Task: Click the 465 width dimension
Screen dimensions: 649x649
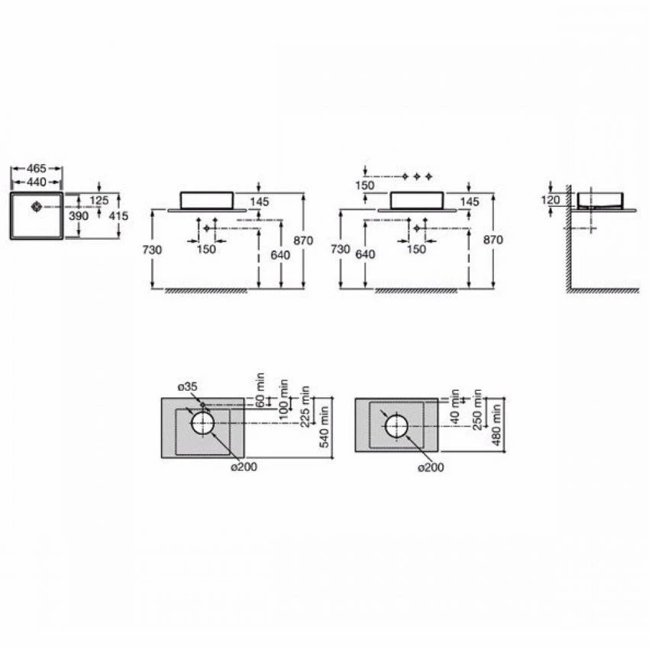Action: pyautogui.click(x=37, y=169)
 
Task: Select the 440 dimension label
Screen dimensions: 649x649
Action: pyautogui.click(x=37, y=182)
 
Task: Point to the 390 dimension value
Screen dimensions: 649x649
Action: pyautogui.click(x=79, y=216)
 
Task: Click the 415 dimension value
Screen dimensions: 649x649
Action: pyautogui.click(x=118, y=216)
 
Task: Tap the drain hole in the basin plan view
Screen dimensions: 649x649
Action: pyautogui.click(x=36, y=205)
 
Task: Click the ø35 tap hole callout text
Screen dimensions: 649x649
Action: pyautogui.click(x=188, y=387)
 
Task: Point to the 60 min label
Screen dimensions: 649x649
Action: pyautogui.click(x=260, y=389)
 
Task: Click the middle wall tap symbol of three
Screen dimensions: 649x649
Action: pyautogui.click(x=418, y=176)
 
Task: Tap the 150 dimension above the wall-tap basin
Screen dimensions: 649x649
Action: pyautogui.click(x=366, y=186)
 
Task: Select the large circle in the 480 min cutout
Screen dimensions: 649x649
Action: pyautogui.click(x=397, y=425)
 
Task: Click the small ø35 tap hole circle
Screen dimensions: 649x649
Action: pyautogui.click(x=202, y=405)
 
